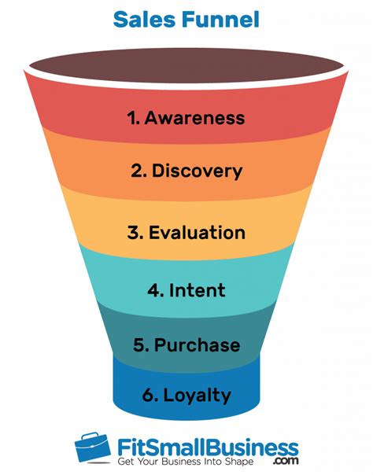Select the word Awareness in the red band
[194, 118]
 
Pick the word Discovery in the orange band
[197, 170]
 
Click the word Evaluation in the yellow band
[197, 233]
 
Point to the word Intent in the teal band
[197, 289]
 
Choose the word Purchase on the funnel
[197, 344]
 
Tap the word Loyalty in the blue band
[197, 395]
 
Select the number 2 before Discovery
[135, 170]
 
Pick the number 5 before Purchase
[138, 344]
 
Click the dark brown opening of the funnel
[186, 64]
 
